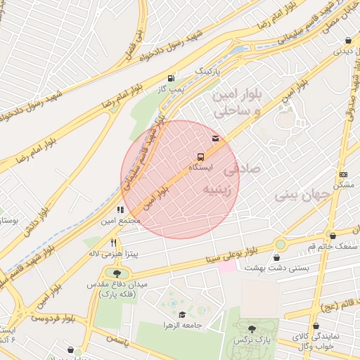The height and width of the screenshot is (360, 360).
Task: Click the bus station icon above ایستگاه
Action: [201, 157]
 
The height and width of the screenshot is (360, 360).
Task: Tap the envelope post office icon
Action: [215, 139]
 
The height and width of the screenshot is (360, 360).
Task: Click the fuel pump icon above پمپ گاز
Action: [170, 78]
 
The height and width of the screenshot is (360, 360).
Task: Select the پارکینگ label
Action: [207, 72]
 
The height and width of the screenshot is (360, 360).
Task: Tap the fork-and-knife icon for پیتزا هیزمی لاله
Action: [112, 243]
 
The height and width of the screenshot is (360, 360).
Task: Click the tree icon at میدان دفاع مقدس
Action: [116, 274]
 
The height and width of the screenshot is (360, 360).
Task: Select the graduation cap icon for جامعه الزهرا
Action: [182, 314]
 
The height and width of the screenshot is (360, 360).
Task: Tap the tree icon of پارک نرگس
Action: [252, 328]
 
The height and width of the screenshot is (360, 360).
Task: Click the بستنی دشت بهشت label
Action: [267, 268]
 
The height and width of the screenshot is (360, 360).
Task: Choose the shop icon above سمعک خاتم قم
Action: [333, 236]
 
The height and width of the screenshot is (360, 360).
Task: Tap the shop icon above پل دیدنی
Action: [349, 39]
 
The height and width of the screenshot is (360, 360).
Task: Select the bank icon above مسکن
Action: [343, 174]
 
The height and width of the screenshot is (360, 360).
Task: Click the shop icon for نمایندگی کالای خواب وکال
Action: [316, 327]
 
